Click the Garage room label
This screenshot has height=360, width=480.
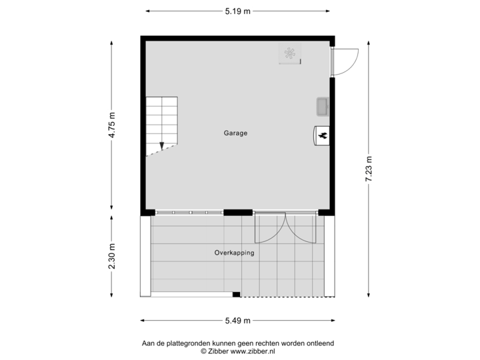[235, 133]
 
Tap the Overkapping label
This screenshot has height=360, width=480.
[234, 253]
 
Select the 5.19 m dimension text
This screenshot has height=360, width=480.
[238, 11]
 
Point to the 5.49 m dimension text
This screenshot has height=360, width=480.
[238, 321]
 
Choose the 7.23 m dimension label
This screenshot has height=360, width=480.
[368, 169]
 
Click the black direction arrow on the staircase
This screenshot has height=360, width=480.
[161, 145]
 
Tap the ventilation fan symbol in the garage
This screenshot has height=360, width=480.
[291, 54]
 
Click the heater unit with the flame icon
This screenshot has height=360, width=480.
[322, 135]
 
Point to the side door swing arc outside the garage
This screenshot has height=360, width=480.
[350, 63]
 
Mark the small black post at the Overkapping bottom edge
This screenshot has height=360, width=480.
[236, 294]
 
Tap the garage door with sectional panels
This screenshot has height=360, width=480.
[189, 213]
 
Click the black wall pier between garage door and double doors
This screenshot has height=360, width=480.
[237, 213]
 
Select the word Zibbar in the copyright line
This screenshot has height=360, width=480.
[221, 351]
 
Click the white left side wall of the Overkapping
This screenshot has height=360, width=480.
[145, 255]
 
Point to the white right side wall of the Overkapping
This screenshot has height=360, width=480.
[329, 255]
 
